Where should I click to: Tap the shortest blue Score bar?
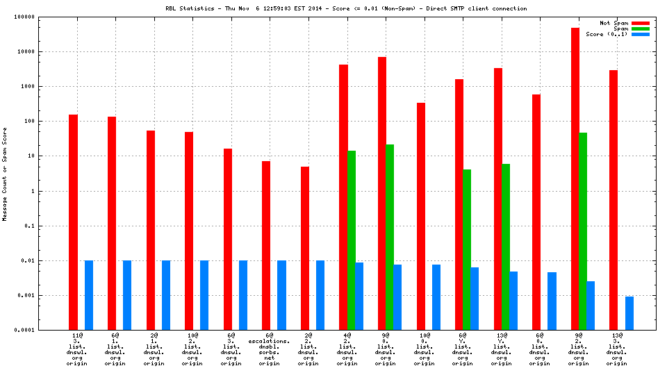[629, 313]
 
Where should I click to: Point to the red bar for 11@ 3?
[73, 222]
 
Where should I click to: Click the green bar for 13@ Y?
[506, 247]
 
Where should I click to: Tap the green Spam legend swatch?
[640, 28]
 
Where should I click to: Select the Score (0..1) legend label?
[607, 34]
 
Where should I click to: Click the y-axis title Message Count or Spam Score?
[5, 174]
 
